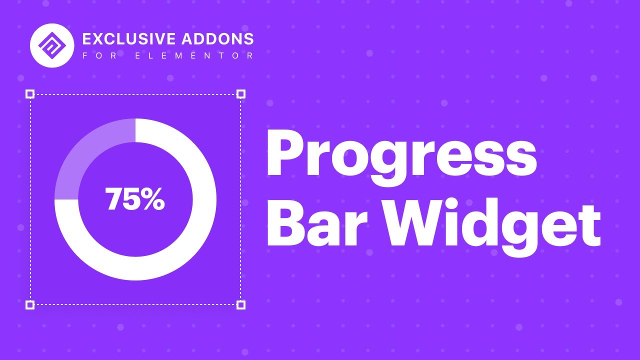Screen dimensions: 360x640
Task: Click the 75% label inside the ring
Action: click(135, 199)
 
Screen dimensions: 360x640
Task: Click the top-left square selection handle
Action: click(30, 94)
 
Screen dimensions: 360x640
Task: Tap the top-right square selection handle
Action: click(240, 94)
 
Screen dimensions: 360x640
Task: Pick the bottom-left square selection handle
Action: click(30, 304)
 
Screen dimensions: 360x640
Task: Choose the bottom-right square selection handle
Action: click(240, 304)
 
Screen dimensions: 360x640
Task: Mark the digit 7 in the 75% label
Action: click(114, 199)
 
